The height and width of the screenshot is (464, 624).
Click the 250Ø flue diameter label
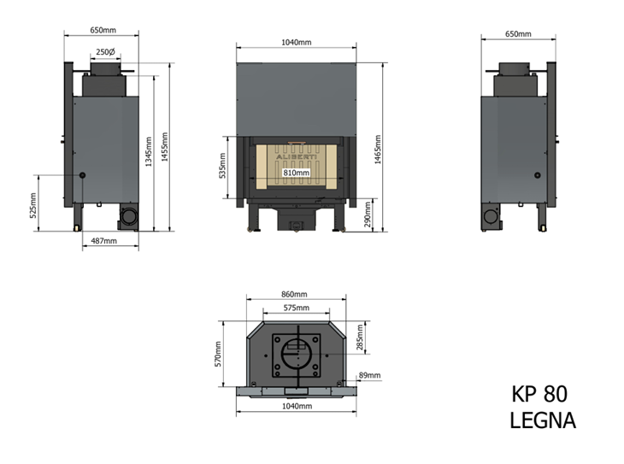[105, 52]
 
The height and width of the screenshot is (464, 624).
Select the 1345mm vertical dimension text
[149, 152]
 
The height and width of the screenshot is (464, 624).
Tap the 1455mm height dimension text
[164, 147]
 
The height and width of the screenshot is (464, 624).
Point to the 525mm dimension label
[33, 205]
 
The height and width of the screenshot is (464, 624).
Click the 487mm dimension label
[104, 241]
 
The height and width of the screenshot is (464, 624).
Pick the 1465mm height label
[378, 150]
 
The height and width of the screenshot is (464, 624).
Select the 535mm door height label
[222, 166]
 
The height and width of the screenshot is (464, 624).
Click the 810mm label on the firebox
[296, 173]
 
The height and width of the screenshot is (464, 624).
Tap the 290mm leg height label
[367, 214]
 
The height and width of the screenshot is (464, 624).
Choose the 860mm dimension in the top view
[295, 295]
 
